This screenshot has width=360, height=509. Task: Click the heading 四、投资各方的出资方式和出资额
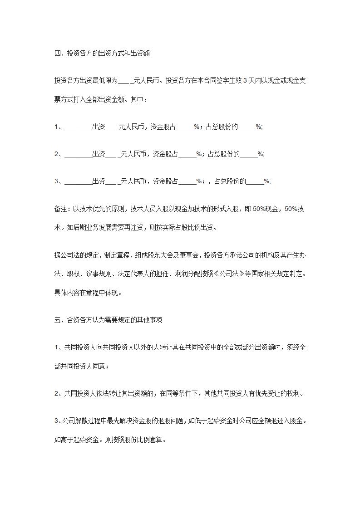point(102,54)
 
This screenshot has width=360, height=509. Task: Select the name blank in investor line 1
point(78,127)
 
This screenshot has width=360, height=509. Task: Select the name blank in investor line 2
point(78,154)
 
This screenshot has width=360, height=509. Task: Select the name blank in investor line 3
point(78,181)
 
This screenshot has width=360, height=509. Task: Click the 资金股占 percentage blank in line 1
point(185,127)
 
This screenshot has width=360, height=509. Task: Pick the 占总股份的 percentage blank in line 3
point(255,181)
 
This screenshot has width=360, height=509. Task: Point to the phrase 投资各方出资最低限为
point(85,81)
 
